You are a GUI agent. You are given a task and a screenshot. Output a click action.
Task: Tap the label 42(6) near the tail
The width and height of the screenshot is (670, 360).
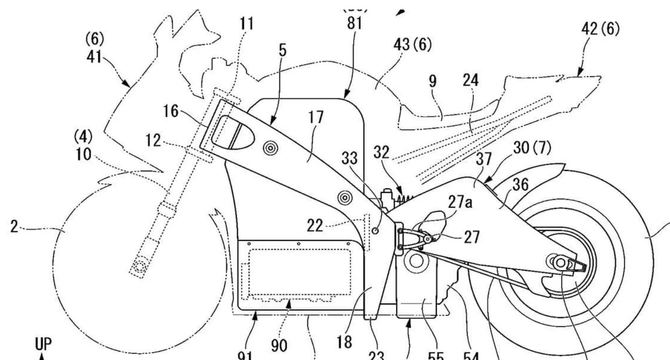coord(600,29)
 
